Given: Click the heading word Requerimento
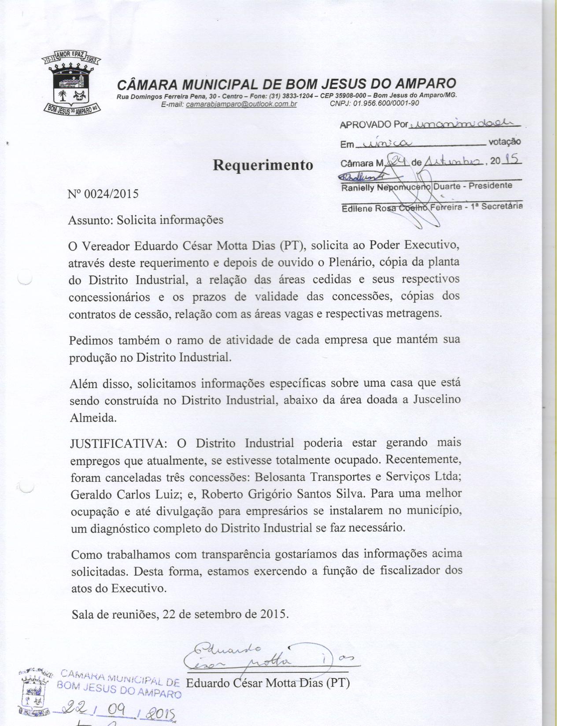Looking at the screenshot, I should pyautogui.click(x=263, y=165).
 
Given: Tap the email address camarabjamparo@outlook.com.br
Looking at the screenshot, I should pyautogui.click(x=241, y=104).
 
